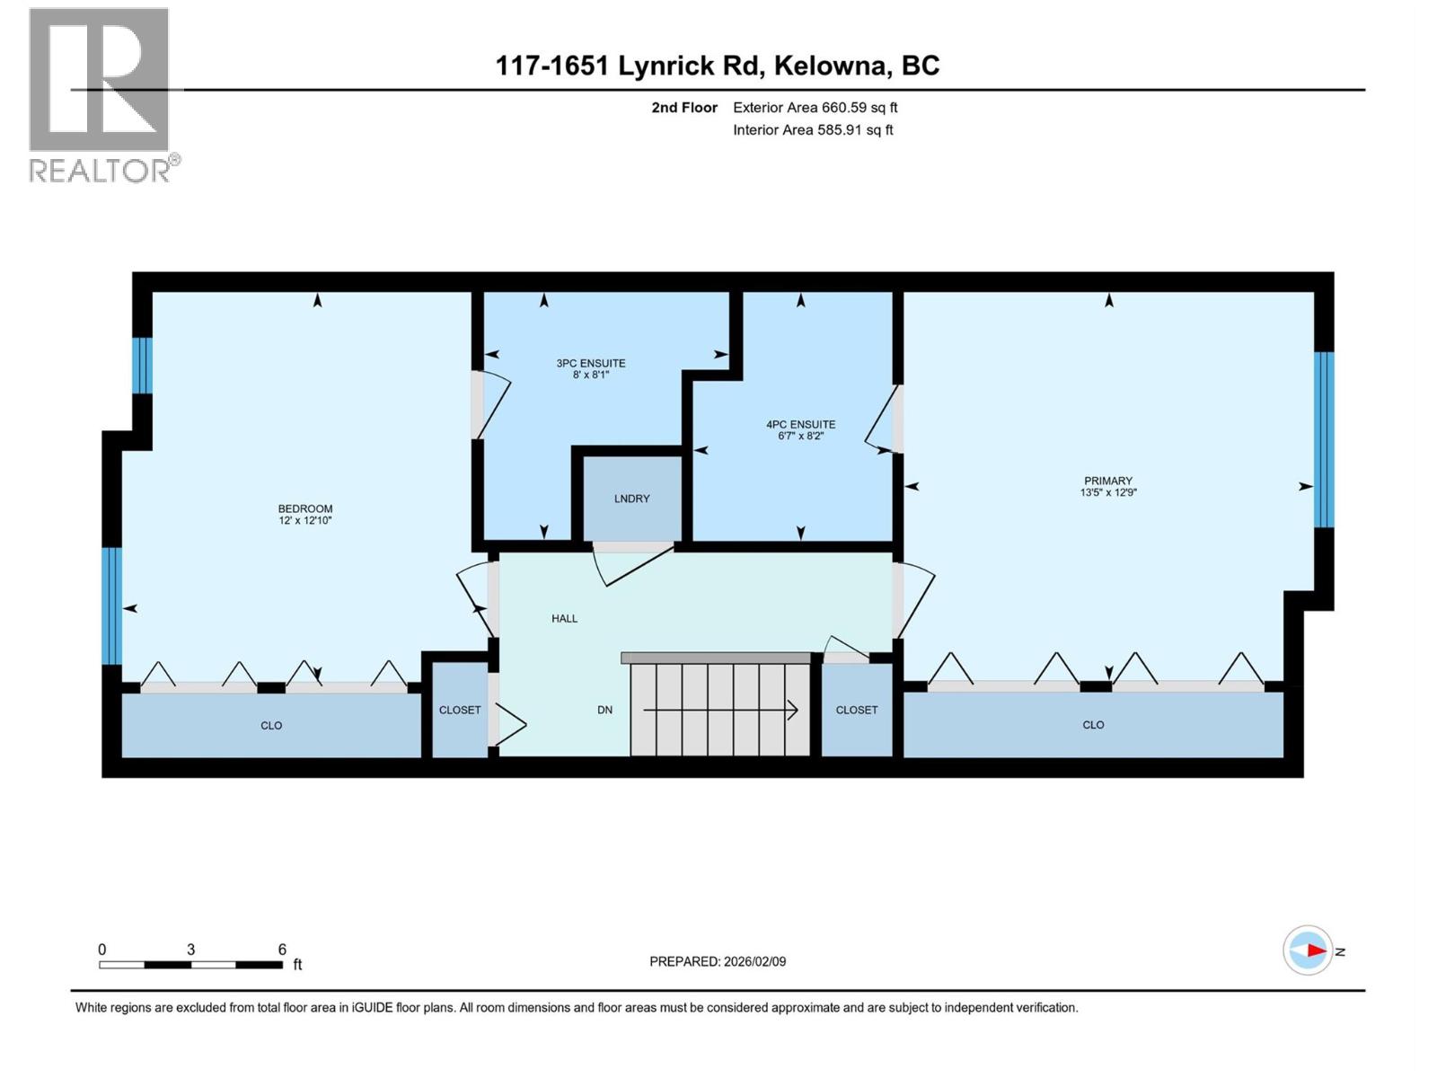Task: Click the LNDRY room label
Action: coord(631,499)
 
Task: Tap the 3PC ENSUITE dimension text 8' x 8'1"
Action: coord(591,376)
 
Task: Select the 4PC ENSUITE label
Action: coord(800,424)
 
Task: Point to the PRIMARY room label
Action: coord(1107,481)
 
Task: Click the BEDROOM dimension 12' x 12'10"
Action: coord(304,520)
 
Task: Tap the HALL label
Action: coord(564,618)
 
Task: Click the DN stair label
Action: coord(604,710)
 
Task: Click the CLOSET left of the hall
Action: coord(460,710)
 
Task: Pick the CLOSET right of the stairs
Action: coord(856,710)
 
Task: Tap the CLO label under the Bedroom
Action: coord(271,725)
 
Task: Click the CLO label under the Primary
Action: coord(1093,724)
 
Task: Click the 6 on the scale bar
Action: coord(282,950)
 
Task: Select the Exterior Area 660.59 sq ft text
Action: coord(815,107)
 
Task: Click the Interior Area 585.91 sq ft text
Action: coord(813,129)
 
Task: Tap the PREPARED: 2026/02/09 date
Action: coord(718,961)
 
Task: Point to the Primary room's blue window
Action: coord(1324,438)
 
